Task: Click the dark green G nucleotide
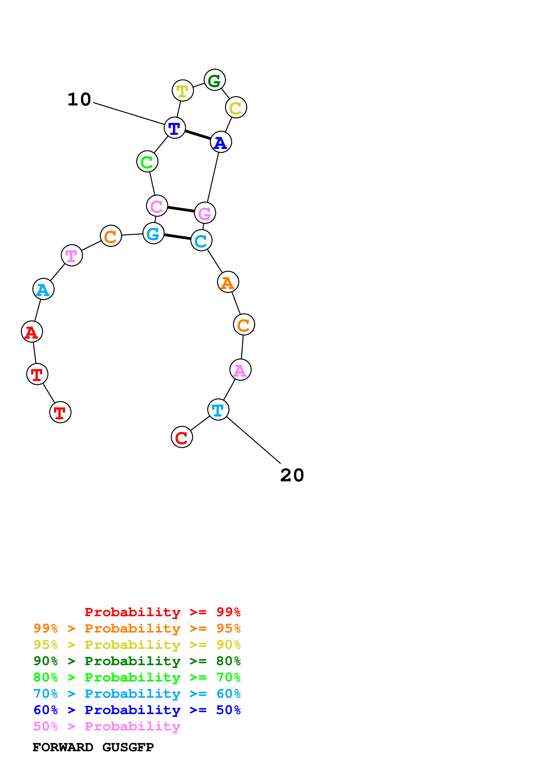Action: pyautogui.click(x=215, y=80)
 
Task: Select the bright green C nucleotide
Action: pyautogui.click(x=147, y=162)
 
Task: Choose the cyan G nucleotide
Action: pyautogui.click(x=153, y=233)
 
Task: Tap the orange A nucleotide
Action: pyautogui.click(x=228, y=282)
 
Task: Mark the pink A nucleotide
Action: pyautogui.click(x=240, y=370)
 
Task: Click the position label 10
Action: pyautogui.click(x=79, y=99)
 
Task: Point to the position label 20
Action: pyautogui.click(x=292, y=475)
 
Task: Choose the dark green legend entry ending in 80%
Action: pyautogui.click(x=137, y=661)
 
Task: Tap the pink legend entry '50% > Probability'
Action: pyautogui.click(x=107, y=726)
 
